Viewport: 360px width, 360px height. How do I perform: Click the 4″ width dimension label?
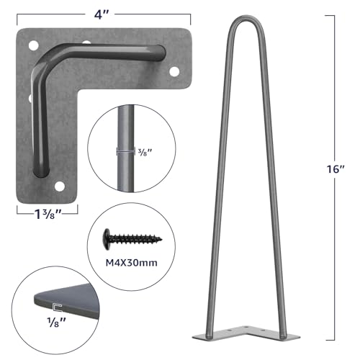(x=105, y=12)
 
